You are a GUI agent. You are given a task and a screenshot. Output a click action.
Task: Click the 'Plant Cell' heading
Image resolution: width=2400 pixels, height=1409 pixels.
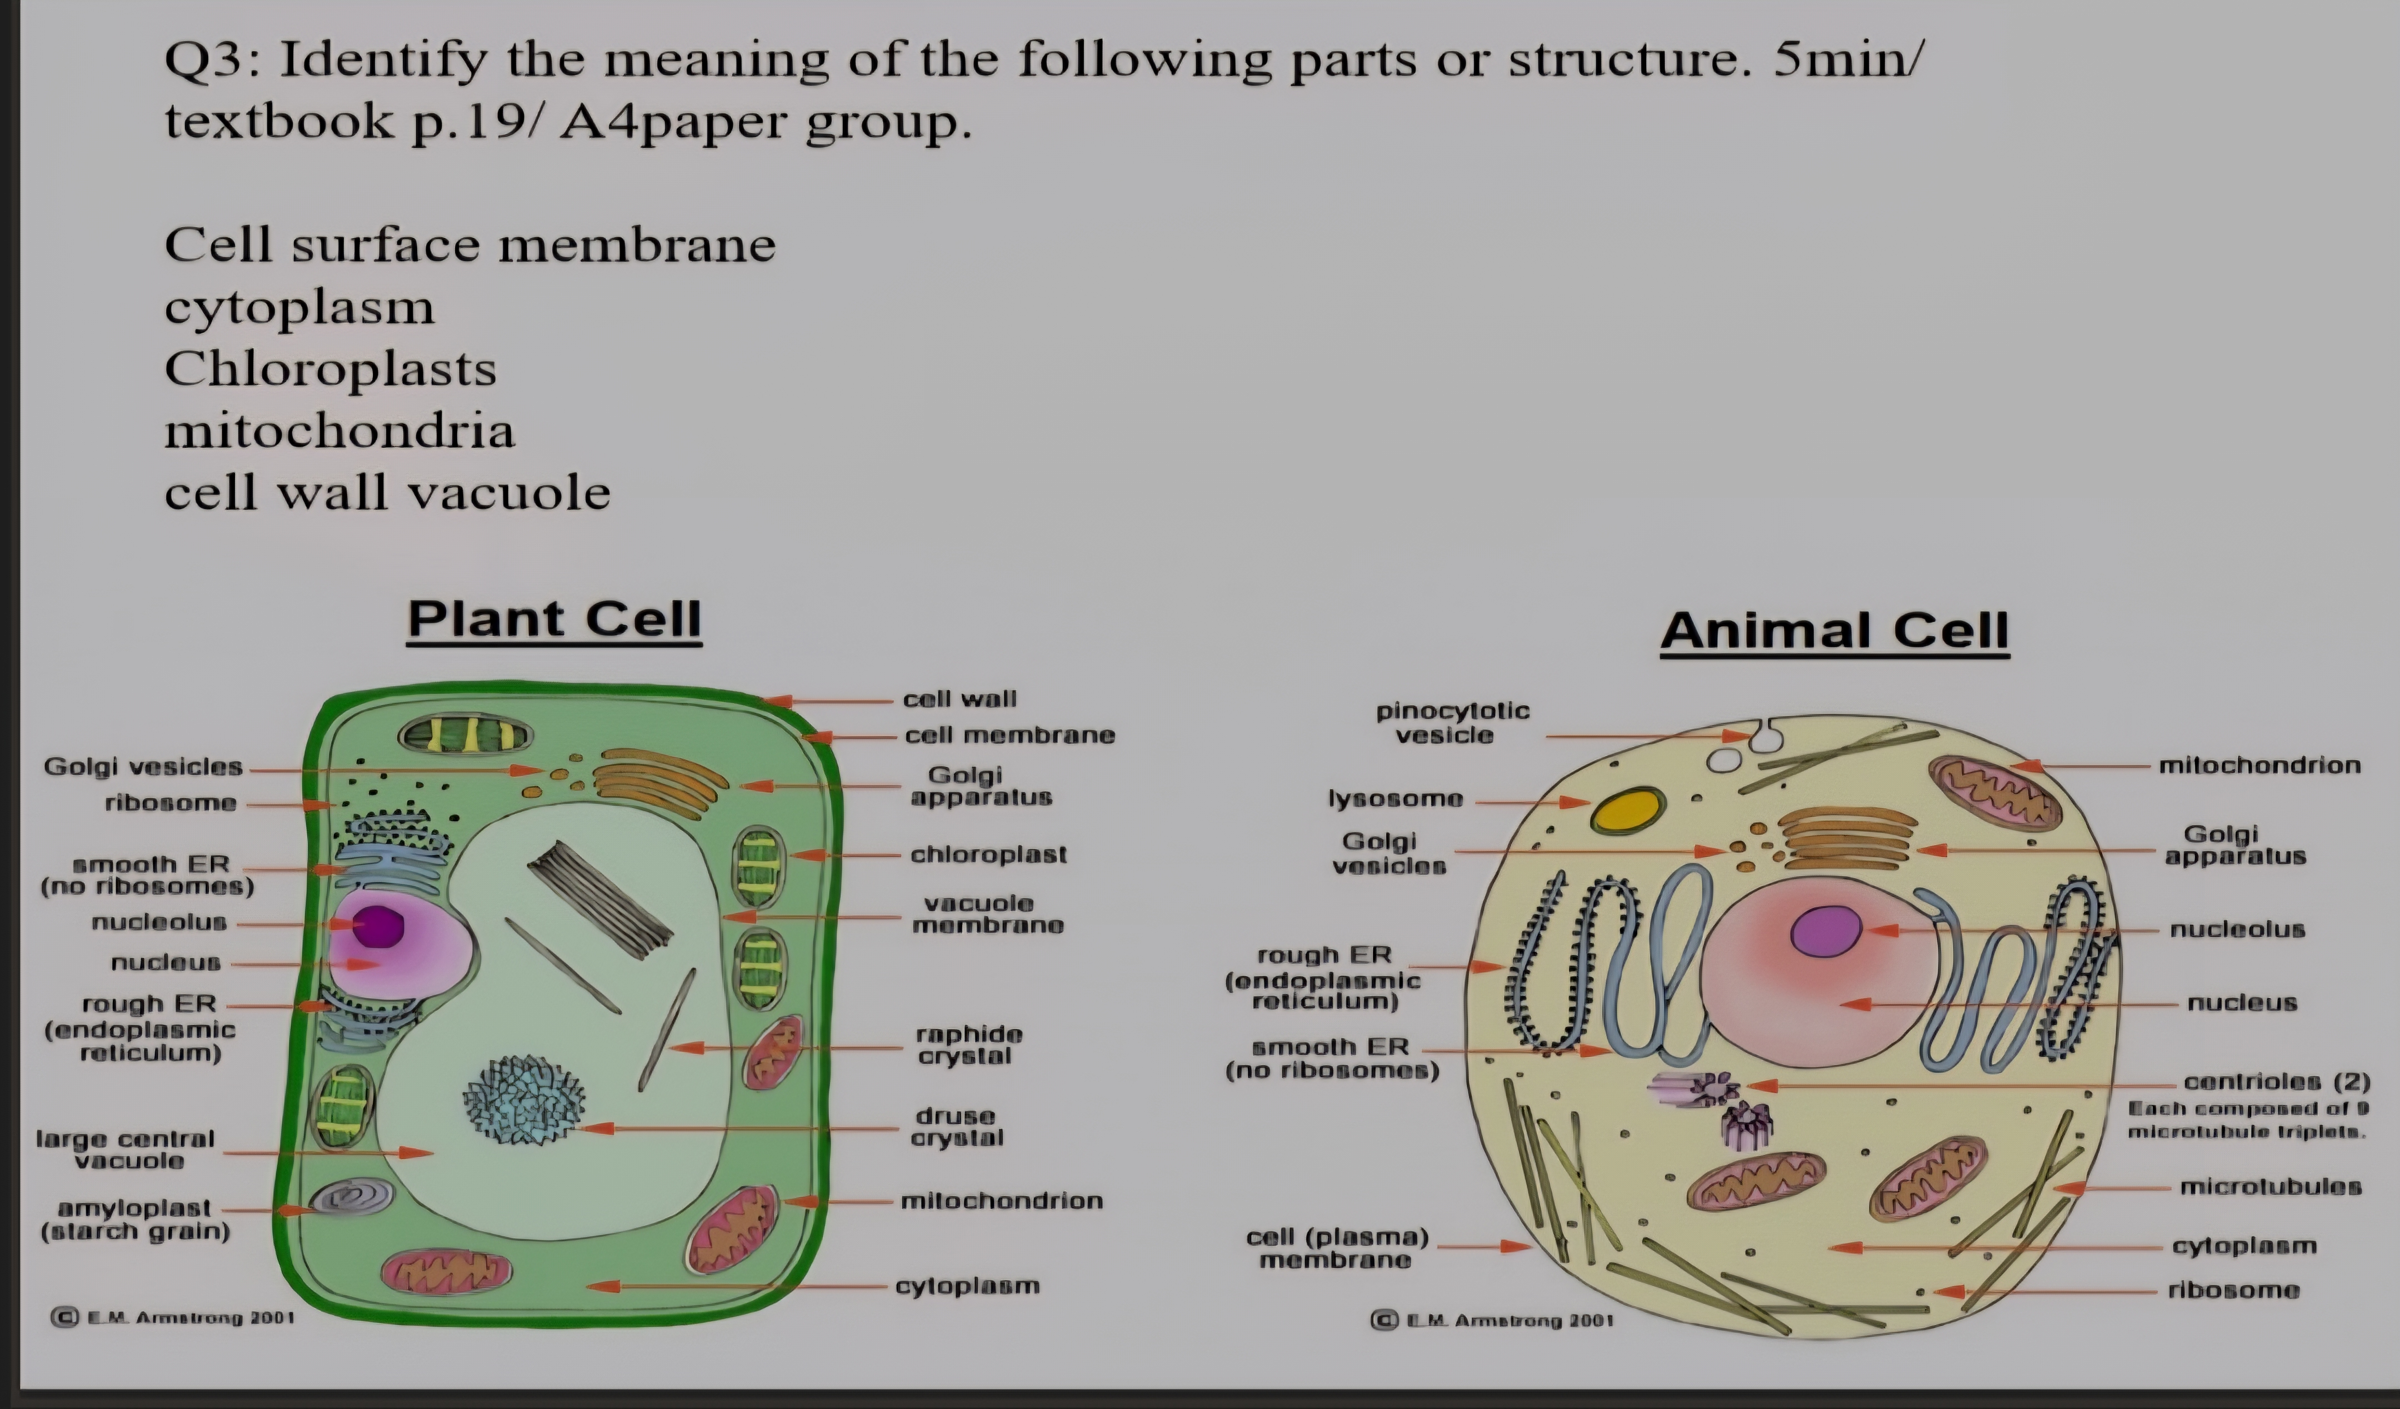point(554,619)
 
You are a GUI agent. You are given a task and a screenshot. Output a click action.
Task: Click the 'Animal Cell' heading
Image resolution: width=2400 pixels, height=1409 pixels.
point(1834,631)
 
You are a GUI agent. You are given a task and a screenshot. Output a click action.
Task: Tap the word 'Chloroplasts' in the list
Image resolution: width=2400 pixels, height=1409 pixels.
point(331,369)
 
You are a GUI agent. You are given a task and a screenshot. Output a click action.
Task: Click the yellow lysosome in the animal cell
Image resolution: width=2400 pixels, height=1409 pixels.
point(1629,810)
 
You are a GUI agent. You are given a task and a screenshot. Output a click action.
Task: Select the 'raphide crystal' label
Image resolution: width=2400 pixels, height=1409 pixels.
point(968,1045)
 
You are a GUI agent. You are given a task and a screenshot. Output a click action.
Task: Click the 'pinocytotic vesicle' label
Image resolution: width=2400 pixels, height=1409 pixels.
point(1452,722)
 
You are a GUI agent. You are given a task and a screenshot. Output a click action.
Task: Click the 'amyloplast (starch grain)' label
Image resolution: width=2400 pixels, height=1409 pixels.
point(135,1220)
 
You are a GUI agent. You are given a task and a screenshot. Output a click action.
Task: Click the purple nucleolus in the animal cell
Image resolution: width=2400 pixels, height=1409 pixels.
point(1826,931)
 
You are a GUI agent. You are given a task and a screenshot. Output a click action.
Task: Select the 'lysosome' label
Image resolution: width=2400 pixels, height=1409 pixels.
point(1395,798)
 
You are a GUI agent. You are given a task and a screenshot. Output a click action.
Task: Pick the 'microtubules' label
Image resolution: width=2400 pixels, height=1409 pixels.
point(2271,1186)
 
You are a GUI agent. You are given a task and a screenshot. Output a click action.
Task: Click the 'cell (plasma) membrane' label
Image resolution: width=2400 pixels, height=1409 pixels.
point(1337,1248)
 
